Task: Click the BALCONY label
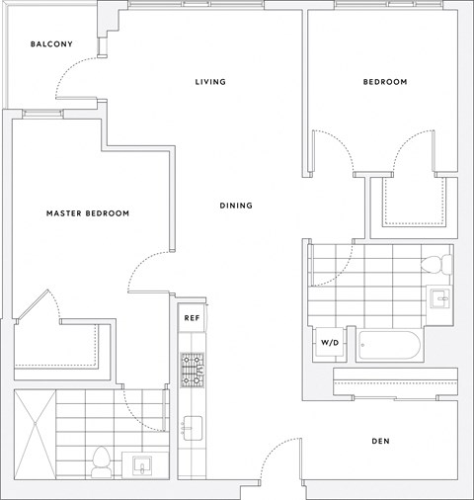tap(51, 43)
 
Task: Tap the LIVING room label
tap(210, 82)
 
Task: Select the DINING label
tap(236, 206)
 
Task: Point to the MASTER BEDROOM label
tap(88, 213)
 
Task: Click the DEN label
tap(380, 441)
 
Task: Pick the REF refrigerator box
tap(192, 318)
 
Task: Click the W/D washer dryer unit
tap(330, 343)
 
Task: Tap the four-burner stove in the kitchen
tap(192, 370)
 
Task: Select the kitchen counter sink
tap(193, 428)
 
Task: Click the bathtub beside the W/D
tap(389, 345)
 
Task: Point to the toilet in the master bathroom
tap(101, 461)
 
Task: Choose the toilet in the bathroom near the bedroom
tap(436, 264)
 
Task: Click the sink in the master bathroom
tap(142, 464)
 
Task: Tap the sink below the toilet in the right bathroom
tap(439, 298)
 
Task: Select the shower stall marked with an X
tap(36, 434)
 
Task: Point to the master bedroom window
tap(42, 114)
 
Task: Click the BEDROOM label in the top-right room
tap(385, 82)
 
